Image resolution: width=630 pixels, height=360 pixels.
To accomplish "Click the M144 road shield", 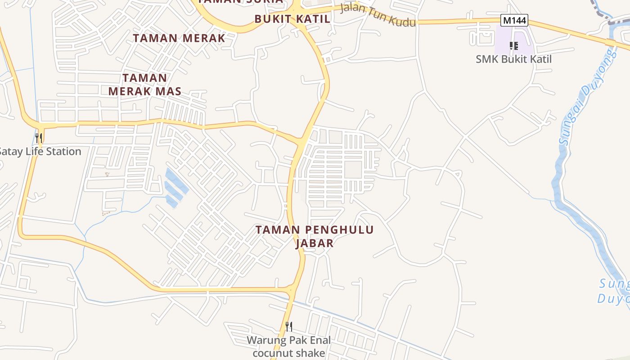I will click(x=514, y=20).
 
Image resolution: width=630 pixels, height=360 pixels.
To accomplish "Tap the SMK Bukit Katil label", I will click(x=513, y=59).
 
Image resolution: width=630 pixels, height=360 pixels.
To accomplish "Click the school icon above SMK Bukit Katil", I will click(x=513, y=45).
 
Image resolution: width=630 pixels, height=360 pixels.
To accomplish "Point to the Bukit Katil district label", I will click(x=292, y=19).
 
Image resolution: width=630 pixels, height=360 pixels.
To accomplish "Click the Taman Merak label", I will click(x=179, y=38).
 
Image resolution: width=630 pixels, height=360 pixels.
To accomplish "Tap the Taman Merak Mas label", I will click(x=144, y=85).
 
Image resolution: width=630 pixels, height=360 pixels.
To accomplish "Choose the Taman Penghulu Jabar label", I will click(x=315, y=236).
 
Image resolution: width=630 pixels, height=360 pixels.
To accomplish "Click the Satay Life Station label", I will click(x=40, y=151).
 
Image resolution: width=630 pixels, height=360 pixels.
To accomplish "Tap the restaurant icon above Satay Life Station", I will click(x=39, y=137).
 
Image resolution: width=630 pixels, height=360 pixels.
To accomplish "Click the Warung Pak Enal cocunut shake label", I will click(x=288, y=346).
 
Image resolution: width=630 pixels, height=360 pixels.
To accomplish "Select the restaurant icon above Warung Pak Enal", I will click(x=289, y=326).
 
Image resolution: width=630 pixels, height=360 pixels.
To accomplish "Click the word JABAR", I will click(x=315, y=243).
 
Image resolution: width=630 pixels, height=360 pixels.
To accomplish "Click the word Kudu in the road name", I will click(x=400, y=20).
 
